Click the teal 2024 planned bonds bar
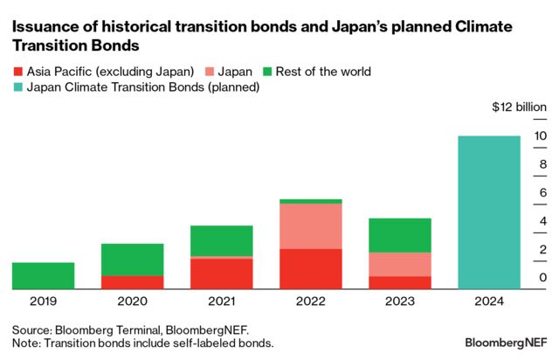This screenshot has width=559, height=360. (x=489, y=212)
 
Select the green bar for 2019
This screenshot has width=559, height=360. (x=43, y=275)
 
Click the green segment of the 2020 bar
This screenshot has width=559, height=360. (x=132, y=260)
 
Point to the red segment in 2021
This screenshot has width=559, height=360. (x=222, y=273)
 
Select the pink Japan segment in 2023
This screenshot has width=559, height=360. (x=400, y=264)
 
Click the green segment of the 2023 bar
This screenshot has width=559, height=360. (x=400, y=235)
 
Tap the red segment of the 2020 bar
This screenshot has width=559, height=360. (x=132, y=282)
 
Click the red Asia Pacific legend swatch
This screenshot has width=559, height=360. (x=17, y=71)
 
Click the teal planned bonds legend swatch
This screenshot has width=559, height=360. (x=17, y=87)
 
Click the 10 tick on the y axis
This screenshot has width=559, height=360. (x=542, y=136)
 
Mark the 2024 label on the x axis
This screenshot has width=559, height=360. (x=489, y=302)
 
